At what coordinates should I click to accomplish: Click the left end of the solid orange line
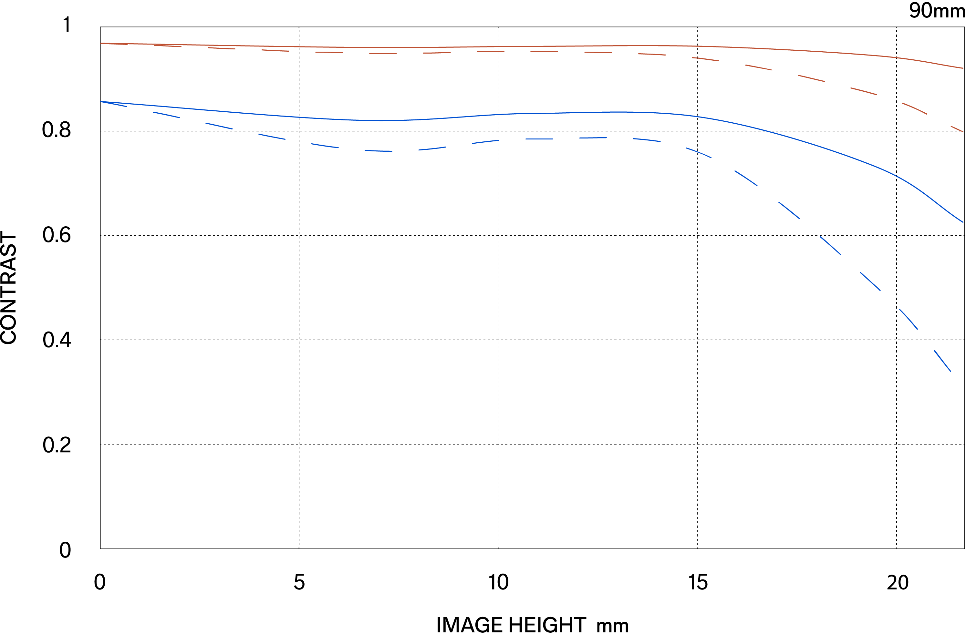tap(101, 43)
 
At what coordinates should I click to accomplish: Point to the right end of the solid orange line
tap(963, 68)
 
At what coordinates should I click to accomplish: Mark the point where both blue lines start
tap(101, 102)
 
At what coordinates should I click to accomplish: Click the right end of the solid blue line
tap(963, 222)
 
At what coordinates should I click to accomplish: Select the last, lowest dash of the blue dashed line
tap(942, 361)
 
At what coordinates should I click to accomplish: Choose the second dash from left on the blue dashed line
tap(166, 115)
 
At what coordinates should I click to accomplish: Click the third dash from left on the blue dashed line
tap(219, 126)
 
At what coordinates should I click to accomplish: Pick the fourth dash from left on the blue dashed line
tap(272, 136)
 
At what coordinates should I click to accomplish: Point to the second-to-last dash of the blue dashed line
tap(909, 319)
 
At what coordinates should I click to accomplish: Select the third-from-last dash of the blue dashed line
tap(870, 281)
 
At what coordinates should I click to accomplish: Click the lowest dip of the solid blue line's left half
tap(381, 120)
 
